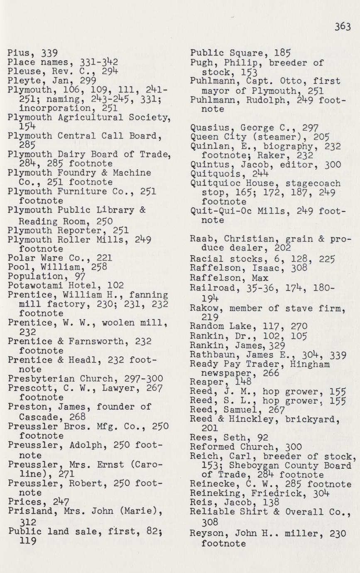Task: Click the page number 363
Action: (342, 27)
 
